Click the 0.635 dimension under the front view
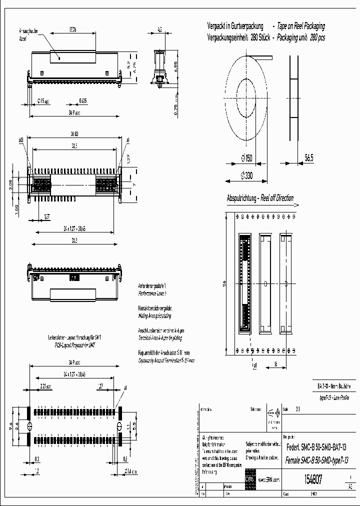pos(83,100)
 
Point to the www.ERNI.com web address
pos(269,479)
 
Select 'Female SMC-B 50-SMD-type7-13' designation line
pos(315,459)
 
